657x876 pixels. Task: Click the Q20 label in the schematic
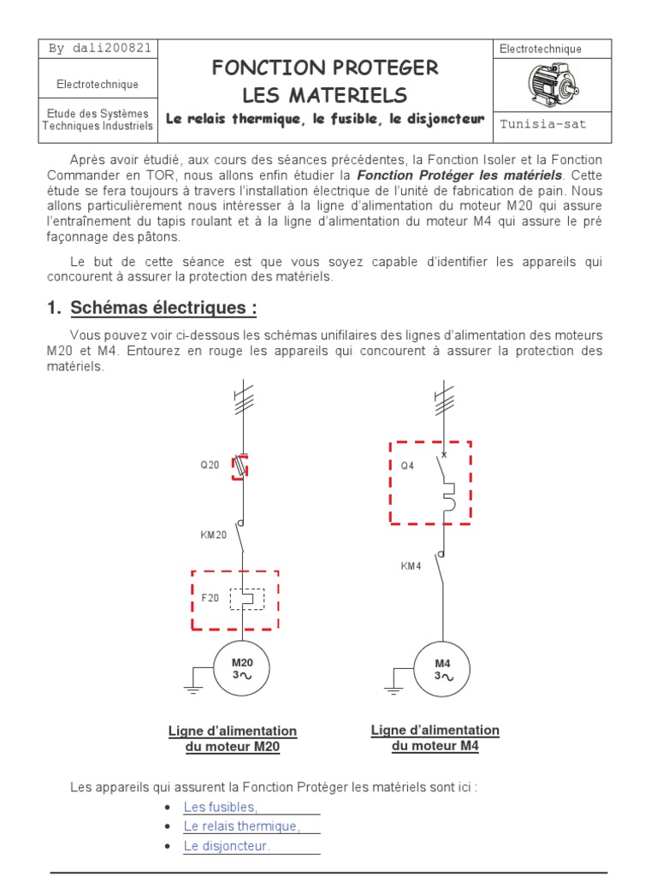(x=210, y=466)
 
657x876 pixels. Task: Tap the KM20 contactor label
(x=214, y=536)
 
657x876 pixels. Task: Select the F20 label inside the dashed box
(x=210, y=598)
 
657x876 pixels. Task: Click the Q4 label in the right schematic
(x=407, y=466)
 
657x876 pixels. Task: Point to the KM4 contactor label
(x=411, y=565)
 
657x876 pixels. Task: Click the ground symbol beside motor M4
(x=393, y=686)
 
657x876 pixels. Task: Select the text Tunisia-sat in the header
(x=544, y=124)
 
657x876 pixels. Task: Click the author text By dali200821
(x=100, y=48)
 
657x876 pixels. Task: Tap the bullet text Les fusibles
(x=220, y=807)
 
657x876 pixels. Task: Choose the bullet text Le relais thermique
(x=242, y=826)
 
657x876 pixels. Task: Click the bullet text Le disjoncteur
(x=227, y=845)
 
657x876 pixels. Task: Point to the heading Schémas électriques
(x=163, y=308)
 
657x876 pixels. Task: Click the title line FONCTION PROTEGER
(x=325, y=68)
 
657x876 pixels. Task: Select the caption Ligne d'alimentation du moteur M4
(x=435, y=737)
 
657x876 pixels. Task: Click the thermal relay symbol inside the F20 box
(x=246, y=599)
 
